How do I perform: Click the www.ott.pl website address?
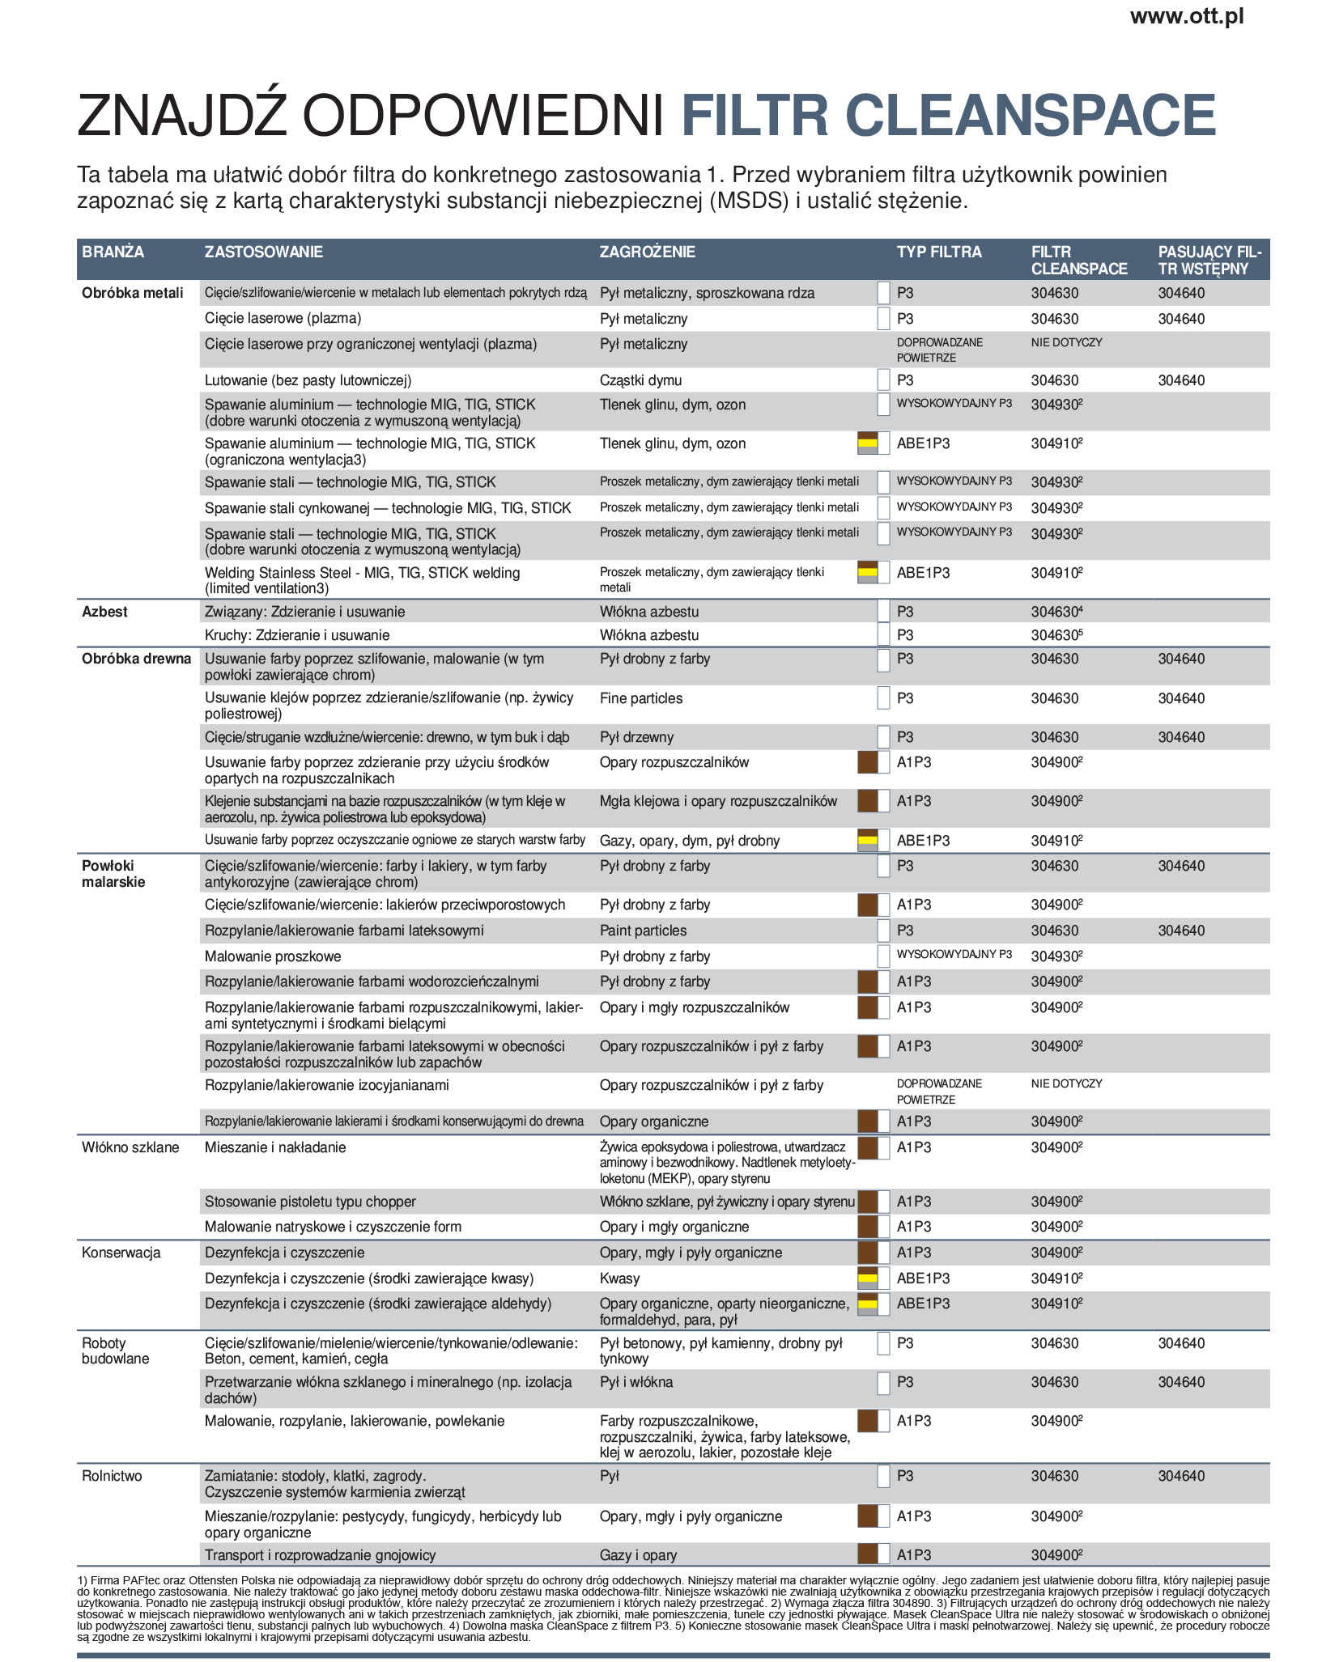point(1186,17)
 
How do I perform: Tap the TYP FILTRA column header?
point(938,252)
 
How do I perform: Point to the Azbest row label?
point(104,613)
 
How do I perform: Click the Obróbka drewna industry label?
point(136,659)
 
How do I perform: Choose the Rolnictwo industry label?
point(112,1477)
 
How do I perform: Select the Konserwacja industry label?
point(121,1253)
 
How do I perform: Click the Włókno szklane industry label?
point(130,1148)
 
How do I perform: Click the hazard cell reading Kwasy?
point(619,1279)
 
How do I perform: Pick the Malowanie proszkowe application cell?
point(273,957)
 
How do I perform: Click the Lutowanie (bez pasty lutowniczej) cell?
point(308,381)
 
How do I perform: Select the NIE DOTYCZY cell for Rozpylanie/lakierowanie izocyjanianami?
point(1066,1084)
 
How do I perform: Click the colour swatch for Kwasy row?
point(867,1279)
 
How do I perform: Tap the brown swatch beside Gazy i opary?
point(867,1554)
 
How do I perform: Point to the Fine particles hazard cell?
point(640,699)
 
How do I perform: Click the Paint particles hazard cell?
point(643,931)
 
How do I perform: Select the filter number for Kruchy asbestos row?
point(1056,636)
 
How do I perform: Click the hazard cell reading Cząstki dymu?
point(640,381)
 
